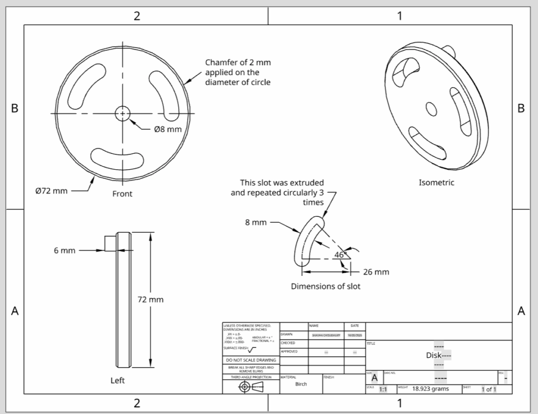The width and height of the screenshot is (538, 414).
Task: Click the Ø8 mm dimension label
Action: click(168, 129)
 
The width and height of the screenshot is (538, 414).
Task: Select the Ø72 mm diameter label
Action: click(51, 191)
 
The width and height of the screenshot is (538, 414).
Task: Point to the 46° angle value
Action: click(341, 255)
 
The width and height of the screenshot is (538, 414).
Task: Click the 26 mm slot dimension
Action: click(376, 272)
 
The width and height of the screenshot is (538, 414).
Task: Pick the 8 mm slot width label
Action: click(255, 222)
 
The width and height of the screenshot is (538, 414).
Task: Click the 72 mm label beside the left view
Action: click(150, 299)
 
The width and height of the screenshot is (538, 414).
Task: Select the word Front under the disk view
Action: click(122, 194)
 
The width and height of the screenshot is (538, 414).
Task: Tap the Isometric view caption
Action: click(436, 183)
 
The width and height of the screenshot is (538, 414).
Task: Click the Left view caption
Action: click(118, 380)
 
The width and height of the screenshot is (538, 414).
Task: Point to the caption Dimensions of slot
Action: click(326, 286)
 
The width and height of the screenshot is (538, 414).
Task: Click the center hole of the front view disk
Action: click(122, 113)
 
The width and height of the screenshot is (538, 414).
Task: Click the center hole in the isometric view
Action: click(431, 109)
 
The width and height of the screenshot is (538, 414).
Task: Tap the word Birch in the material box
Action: click(301, 384)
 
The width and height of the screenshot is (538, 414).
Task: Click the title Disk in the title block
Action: click(434, 355)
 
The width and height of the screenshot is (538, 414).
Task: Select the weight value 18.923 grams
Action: click(430, 389)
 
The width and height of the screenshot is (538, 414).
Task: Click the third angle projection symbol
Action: click(251, 387)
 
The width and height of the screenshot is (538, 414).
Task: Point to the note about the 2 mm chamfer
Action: click(238, 72)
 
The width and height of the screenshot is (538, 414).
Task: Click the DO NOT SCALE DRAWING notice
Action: click(251, 360)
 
